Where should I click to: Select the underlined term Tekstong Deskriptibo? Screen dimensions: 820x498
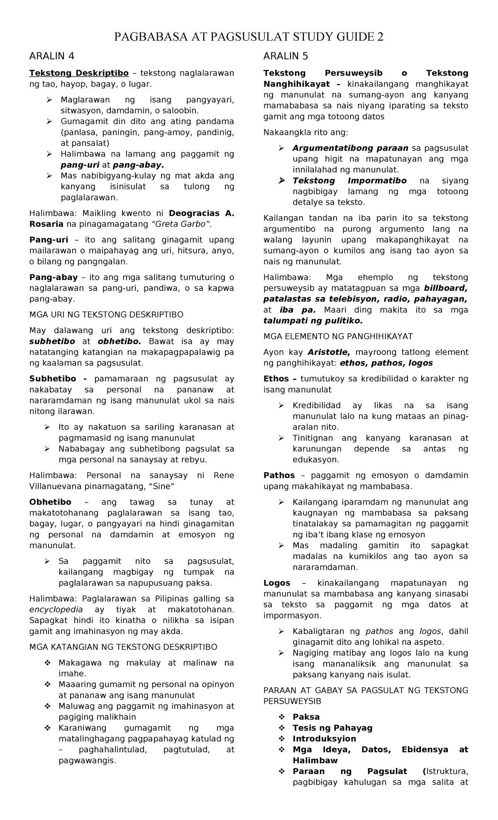[x=79, y=73]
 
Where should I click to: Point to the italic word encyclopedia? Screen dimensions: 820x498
[x=56, y=610]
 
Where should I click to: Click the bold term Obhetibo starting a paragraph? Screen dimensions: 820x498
[x=50, y=502]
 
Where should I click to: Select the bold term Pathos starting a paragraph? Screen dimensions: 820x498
[x=279, y=475]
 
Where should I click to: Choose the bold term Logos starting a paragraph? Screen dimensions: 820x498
[x=277, y=583]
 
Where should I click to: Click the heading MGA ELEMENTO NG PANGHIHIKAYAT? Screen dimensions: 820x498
[x=338, y=336]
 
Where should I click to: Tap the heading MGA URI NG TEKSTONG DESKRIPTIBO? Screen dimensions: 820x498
[x=106, y=315]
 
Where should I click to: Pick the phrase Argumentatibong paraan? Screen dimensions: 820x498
[x=350, y=148]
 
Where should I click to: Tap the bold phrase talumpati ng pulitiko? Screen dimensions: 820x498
[x=313, y=320]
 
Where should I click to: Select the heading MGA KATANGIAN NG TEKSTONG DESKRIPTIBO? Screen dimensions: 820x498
[x=123, y=647]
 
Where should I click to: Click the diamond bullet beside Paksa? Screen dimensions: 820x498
[x=282, y=717]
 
